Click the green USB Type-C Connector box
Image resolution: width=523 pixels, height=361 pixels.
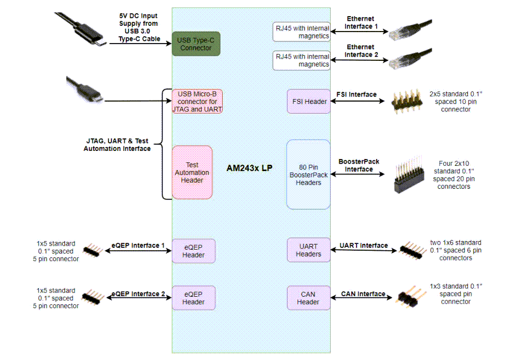[x=196, y=44]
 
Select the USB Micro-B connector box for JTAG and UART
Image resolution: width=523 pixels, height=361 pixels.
[x=197, y=101]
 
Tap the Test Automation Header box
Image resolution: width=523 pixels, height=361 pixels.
[x=192, y=172]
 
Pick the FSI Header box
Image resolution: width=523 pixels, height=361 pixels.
[x=309, y=101]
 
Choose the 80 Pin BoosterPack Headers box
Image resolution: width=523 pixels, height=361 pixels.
[x=309, y=174]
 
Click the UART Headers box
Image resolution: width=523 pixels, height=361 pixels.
[x=309, y=250]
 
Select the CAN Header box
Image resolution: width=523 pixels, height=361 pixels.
[x=309, y=298]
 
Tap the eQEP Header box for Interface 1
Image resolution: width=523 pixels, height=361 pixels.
[x=193, y=250]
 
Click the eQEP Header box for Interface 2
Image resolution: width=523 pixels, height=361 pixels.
[x=193, y=298]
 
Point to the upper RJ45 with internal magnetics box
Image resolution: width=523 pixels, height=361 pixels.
[x=302, y=32]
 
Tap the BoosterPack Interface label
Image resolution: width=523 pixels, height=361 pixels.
[x=359, y=165]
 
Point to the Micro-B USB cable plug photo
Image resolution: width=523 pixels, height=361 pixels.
[x=86, y=91]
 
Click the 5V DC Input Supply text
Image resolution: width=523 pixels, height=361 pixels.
[x=138, y=28]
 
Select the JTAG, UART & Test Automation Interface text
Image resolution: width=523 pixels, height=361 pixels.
[x=117, y=145]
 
